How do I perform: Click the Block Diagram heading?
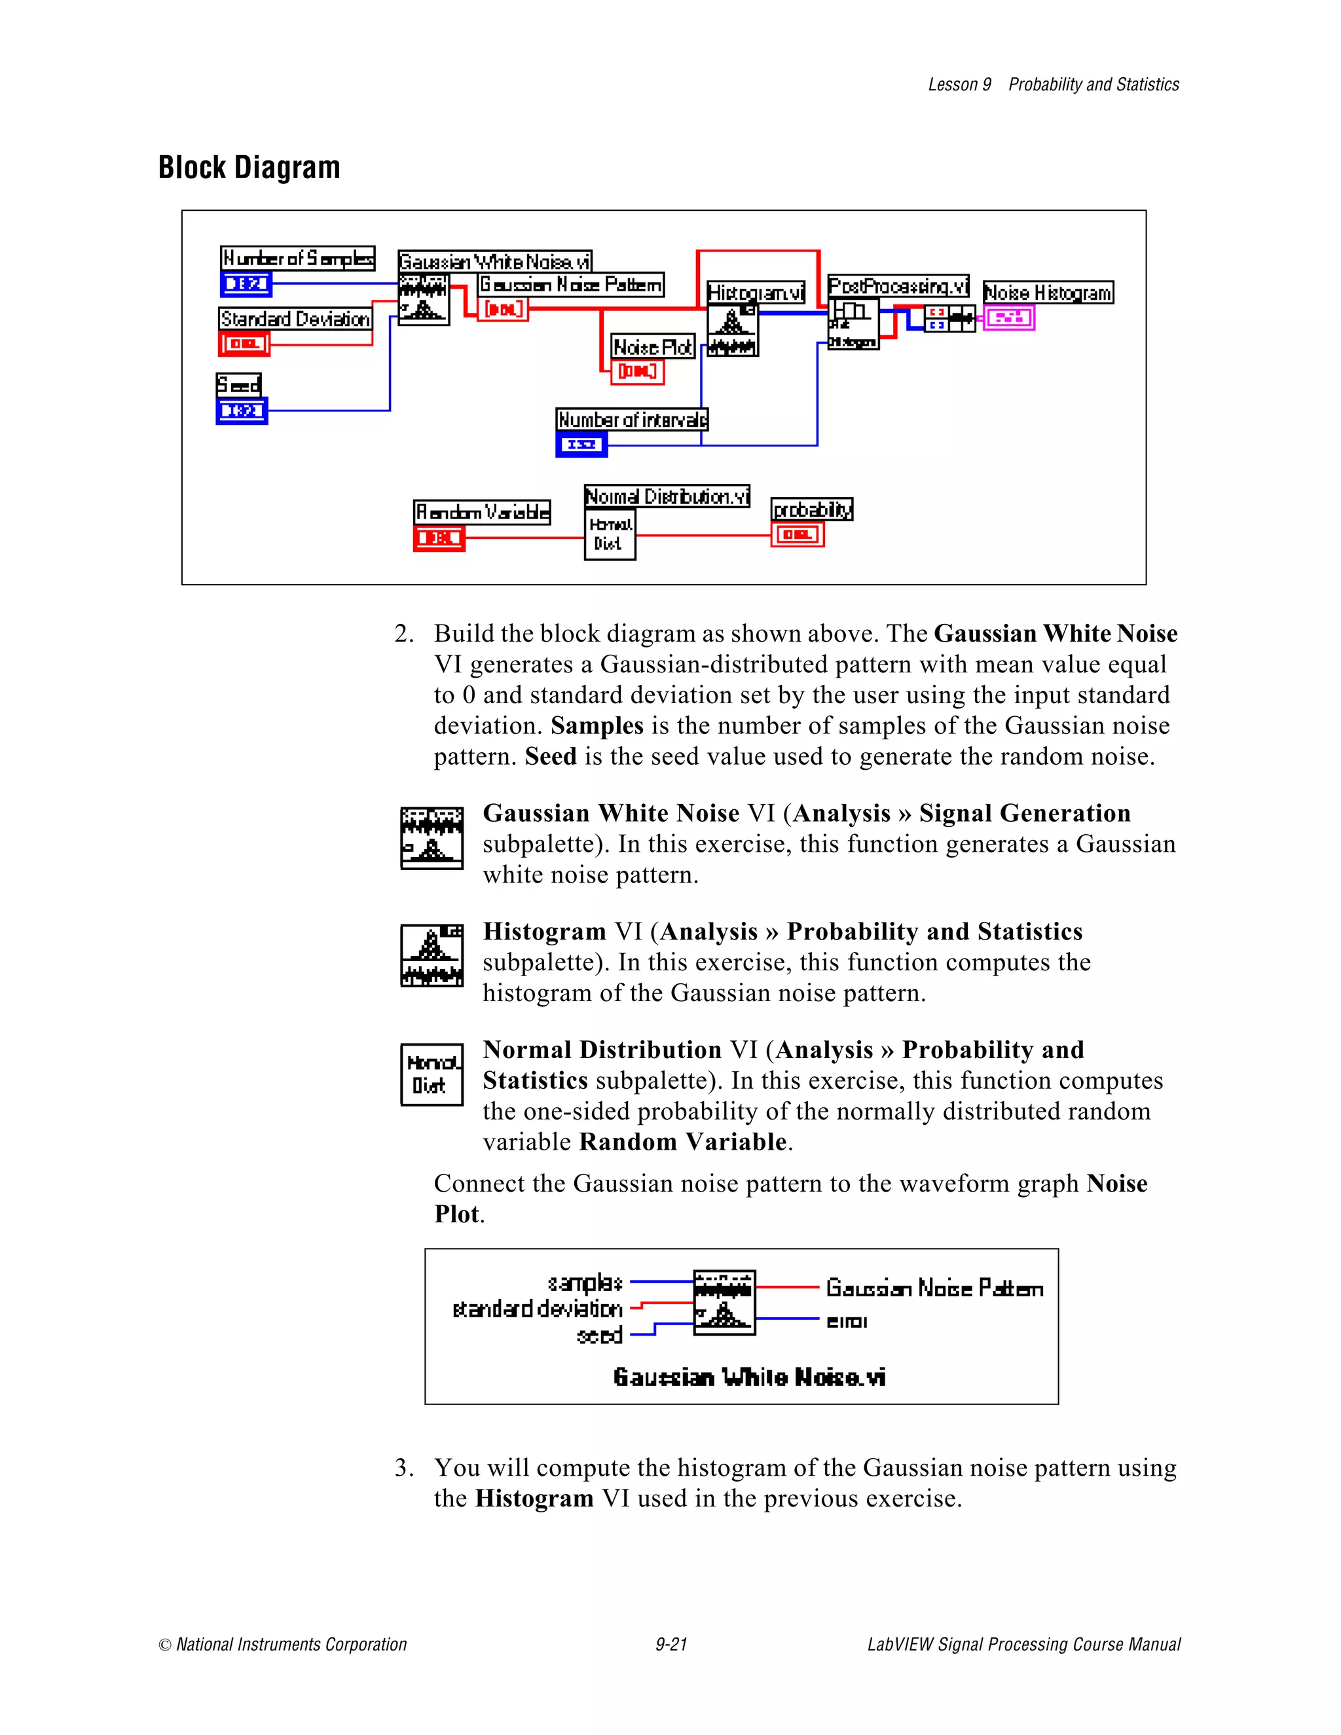[x=249, y=168]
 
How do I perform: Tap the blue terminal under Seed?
[x=242, y=411]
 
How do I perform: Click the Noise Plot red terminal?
[x=637, y=371]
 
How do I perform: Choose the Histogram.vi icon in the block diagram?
[x=731, y=331]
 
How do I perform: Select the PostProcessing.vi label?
[x=898, y=286]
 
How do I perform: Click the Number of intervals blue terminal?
[x=581, y=444]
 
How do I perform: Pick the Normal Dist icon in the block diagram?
[x=610, y=535]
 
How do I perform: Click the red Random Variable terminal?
[x=439, y=538]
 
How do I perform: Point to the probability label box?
[x=812, y=509]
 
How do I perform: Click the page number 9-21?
[x=671, y=1643]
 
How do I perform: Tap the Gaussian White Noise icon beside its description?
[x=432, y=838]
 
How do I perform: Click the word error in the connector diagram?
[x=847, y=1322]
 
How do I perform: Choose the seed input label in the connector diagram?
[x=600, y=1336]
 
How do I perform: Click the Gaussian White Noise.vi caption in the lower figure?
[x=749, y=1377]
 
